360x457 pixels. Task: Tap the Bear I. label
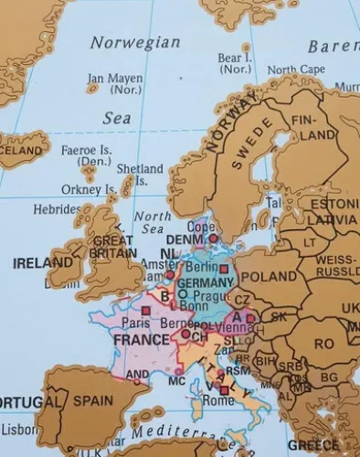(x=234, y=63)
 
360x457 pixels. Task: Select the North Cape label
(x=294, y=69)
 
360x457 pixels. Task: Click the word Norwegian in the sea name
(x=135, y=43)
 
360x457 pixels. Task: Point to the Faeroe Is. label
(x=86, y=155)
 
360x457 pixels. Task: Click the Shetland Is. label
(x=140, y=175)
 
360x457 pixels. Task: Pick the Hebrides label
(x=58, y=209)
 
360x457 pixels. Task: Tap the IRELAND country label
(x=42, y=263)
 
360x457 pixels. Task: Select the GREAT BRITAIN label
(x=114, y=247)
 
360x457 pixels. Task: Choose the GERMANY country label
(x=205, y=282)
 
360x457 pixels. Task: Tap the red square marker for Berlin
(x=223, y=269)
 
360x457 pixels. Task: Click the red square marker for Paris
(x=145, y=311)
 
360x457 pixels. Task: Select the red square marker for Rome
(x=224, y=390)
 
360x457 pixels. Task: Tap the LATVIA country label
(x=331, y=220)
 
